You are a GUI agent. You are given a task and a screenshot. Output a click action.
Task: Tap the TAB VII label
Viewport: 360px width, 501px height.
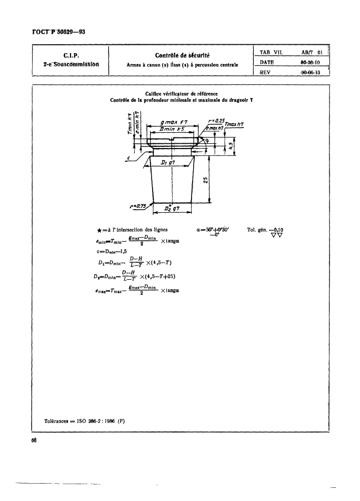coord(272,52)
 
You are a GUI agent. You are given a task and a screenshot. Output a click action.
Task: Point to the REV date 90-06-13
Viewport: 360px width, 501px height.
coord(306,73)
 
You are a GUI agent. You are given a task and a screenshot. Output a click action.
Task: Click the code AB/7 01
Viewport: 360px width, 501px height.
coord(311,52)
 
